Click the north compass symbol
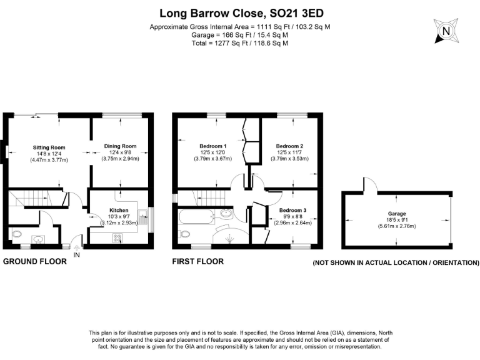[445, 31]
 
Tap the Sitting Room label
[49, 147]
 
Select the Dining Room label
[119, 146]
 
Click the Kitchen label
[119, 210]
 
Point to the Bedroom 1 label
[213, 146]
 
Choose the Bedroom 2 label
[289, 146]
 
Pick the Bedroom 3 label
[292, 210]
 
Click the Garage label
[397, 214]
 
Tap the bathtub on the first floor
[195, 217]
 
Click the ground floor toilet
[17, 235]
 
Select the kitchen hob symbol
[117, 237]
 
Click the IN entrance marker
[77, 254]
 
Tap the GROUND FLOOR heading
[35, 262]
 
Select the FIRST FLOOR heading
[197, 262]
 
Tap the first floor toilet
[184, 234]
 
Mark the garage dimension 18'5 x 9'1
[397, 220]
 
